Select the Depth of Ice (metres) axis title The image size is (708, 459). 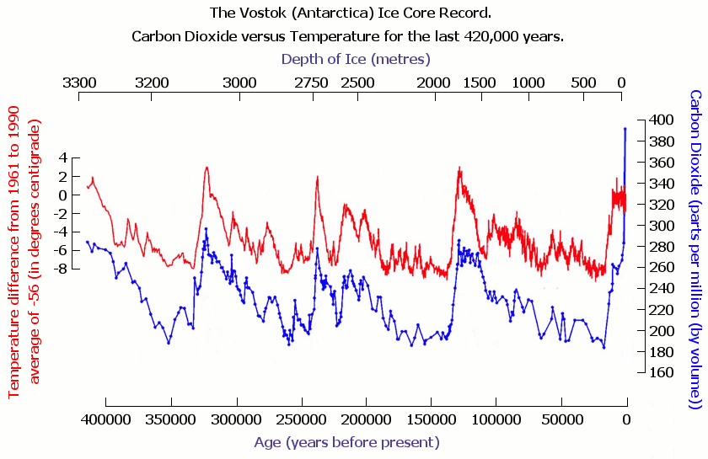[356, 58]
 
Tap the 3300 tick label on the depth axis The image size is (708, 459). [79, 83]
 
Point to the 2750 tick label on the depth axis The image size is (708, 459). [312, 83]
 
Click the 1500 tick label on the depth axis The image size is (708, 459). [480, 83]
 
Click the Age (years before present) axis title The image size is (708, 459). [346, 442]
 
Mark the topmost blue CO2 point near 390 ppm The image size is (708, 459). [625, 129]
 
